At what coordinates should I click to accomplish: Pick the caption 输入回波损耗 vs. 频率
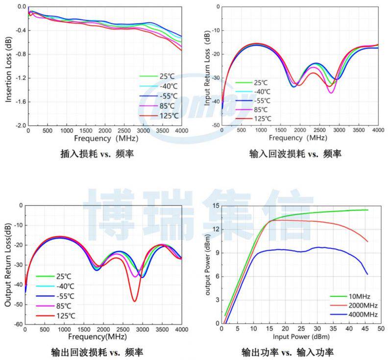tap(295, 154)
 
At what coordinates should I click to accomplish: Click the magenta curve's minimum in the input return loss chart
tap(331, 93)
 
